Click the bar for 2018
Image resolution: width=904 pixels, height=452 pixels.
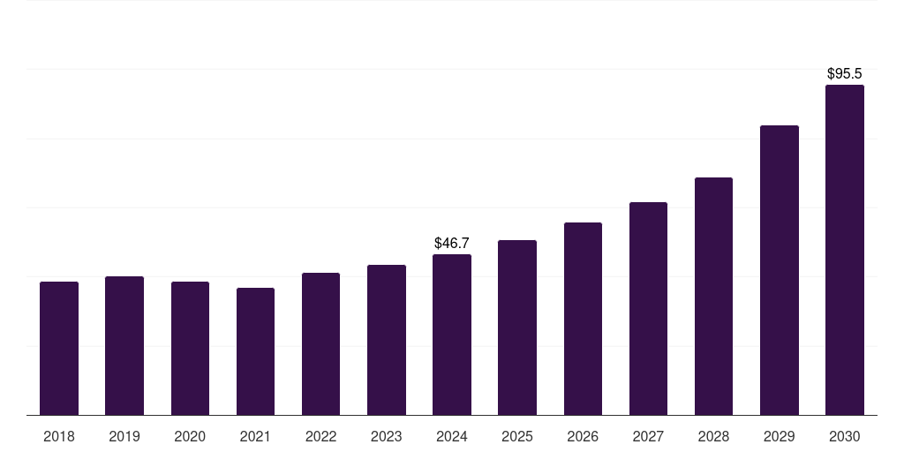pyautogui.click(x=59, y=349)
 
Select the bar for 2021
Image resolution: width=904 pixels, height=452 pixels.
pyautogui.click(x=255, y=351)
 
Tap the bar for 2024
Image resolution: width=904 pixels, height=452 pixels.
pyautogui.click(x=452, y=335)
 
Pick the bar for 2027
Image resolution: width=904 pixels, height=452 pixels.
pyautogui.click(x=648, y=309)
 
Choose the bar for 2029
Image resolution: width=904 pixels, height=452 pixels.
pyautogui.click(x=779, y=270)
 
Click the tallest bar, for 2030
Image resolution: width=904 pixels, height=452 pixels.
pyautogui.click(x=845, y=250)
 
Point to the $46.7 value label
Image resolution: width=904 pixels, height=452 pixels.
pyautogui.click(x=452, y=243)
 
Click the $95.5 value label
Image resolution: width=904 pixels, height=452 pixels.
pyautogui.click(x=845, y=73)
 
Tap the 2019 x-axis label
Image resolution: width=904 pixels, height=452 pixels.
pyautogui.click(x=124, y=436)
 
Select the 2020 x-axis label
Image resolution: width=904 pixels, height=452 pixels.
pyautogui.click(x=190, y=436)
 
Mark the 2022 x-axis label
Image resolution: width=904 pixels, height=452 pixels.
pyautogui.click(x=320, y=436)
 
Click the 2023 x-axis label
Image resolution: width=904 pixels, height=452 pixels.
pyautogui.click(x=387, y=436)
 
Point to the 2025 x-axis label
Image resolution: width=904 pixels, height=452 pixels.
pyautogui.click(x=517, y=436)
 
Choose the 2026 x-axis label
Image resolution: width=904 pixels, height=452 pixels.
pyautogui.click(x=583, y=436)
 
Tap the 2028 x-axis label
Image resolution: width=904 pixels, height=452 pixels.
pyautogui.click(x=713, y=436)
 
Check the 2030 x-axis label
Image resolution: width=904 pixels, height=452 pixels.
pyautogui.click(x=845, y=436)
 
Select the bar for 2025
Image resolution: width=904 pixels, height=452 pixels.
pyautogui.click(x=517, y=328)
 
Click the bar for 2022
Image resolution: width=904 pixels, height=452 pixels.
pyautogui.click(x=320, y=344)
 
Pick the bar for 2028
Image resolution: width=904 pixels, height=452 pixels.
pyautogui.click(x=713, y=297)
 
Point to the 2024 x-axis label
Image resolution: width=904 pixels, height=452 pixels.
pyautogui.click(x=452, y=436)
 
